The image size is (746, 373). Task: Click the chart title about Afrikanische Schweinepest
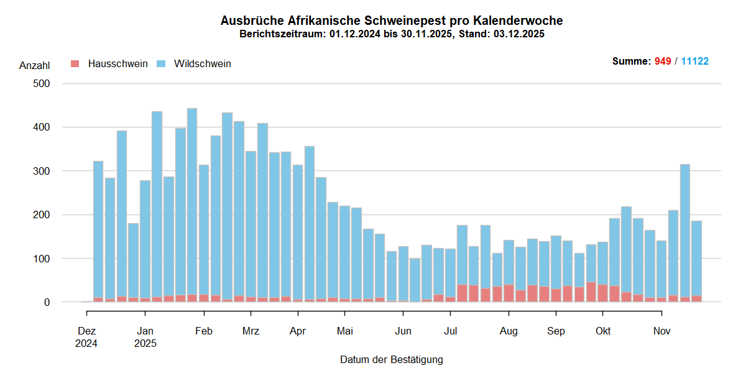pos(392,21)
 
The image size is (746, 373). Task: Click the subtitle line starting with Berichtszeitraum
pos(392,34)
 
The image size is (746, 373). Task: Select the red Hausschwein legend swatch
pos(75,63)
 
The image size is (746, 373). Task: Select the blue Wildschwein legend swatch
pos(161,63)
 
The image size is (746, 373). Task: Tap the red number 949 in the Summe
pos(663,62)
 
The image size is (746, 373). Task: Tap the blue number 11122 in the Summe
pos(694,62)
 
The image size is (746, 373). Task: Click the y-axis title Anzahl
pos(35,65)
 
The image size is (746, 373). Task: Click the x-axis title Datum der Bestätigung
pos(392,359)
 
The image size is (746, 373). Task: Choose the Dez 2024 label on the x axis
pos(87,337)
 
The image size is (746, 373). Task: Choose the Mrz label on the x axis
pos(251,331)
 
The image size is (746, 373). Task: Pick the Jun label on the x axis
pos(403,331)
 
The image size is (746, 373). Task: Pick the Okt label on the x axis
pos(603,331)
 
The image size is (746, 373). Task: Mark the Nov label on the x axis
pos(661,331)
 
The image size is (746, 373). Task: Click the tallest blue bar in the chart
pos(192,199)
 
